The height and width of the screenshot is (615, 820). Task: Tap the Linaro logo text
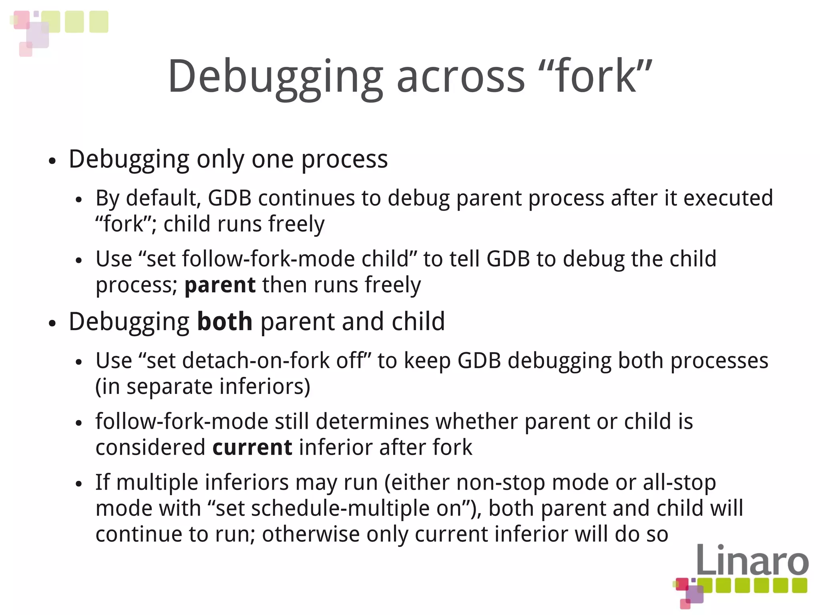(x=752, y=560)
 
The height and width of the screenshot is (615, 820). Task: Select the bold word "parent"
(x=220, y=285)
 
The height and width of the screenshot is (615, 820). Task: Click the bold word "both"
(x=225, y=322)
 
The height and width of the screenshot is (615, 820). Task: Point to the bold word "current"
(x=252, y=448)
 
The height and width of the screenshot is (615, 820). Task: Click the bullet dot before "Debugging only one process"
(x=52, y=161)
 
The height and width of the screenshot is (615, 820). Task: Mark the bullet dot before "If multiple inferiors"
(x=79, y=484)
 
